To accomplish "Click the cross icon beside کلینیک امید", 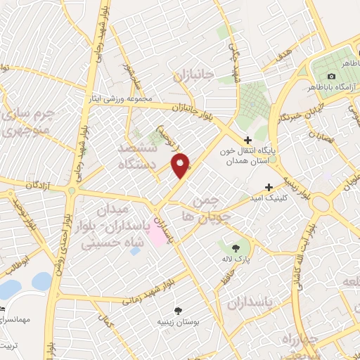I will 269,188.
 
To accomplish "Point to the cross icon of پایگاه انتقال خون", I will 247,140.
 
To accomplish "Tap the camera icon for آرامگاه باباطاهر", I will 332,76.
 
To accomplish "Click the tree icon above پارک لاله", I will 236,247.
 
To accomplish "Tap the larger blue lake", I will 10,289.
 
